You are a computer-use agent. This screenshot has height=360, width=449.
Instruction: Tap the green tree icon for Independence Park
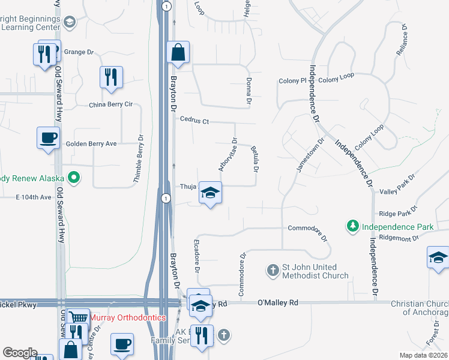pos(353,226)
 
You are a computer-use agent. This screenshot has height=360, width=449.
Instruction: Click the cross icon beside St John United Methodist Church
pos(273,270)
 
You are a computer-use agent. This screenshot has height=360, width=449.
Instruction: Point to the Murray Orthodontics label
pos(128,317)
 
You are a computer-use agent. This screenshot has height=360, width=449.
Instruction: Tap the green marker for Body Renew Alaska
pos(74,178)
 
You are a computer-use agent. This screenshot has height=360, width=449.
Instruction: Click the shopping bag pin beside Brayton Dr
pos(178,52)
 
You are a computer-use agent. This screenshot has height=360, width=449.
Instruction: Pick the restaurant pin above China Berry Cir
pos(111,77)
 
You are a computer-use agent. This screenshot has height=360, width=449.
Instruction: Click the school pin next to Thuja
pos(210,193)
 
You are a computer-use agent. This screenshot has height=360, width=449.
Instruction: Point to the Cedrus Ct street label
pos(194,121)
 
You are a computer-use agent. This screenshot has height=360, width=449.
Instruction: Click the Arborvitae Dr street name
pos(229,155)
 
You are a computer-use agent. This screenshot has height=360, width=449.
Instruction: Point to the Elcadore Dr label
pos(196,256)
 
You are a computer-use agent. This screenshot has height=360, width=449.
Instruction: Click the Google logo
pos(20,352)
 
